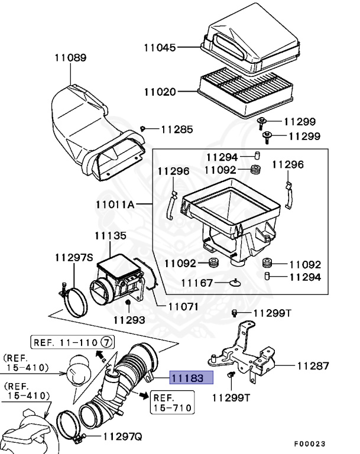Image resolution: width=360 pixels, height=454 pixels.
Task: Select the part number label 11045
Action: (160, 47)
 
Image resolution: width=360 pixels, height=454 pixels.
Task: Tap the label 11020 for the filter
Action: (160, 92)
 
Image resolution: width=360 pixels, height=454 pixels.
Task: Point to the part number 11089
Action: (70, 58)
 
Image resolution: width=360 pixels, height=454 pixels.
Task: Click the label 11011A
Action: (115, 205)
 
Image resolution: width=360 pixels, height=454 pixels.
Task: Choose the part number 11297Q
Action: (122, 437)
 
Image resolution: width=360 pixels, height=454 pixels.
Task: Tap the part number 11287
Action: (313, 366)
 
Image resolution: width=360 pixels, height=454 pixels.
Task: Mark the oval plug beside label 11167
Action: (236, 283)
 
